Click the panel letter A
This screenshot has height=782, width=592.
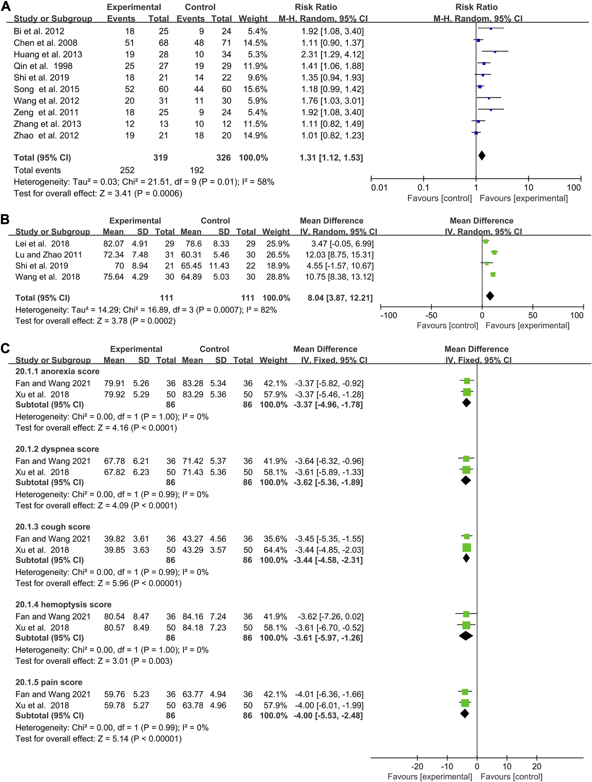pos(6,6)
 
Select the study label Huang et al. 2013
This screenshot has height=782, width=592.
pos(48,54)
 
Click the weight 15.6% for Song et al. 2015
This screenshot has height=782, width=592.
pos(255,89)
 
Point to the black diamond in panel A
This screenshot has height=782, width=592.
pos(481,155)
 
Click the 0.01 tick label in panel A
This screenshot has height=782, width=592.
pos(379,188)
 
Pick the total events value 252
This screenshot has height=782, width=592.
pos(127,171)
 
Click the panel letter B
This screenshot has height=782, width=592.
pos(5,219)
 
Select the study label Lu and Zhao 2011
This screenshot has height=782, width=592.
pos(48,255)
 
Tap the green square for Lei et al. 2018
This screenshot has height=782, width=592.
pos(486,241)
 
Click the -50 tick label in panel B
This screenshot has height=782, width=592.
pos(431,315)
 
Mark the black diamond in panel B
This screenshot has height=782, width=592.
pos(490,296)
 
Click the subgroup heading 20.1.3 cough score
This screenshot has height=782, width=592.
pos(53,527)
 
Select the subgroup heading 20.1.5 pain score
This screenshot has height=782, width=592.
pos(49,682)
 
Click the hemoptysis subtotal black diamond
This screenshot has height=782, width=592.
pos(466,636)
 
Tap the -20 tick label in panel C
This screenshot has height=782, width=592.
pos(417,766)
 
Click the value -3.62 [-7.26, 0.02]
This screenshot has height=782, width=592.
pos(330,617)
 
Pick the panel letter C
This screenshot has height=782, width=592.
pos(5,348)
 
